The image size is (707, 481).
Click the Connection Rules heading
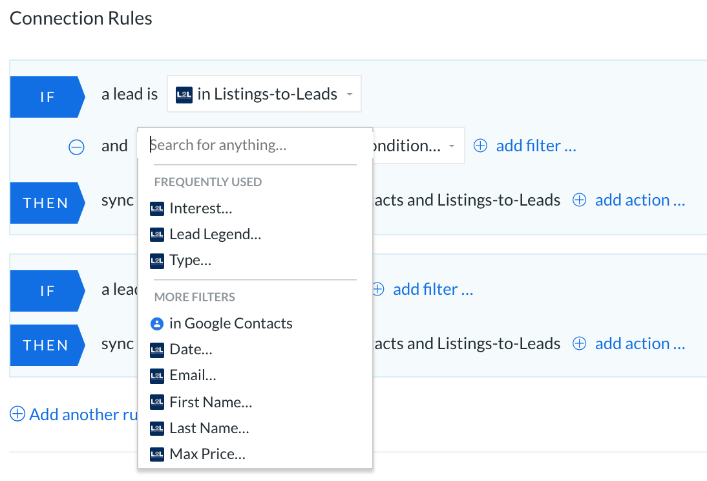[81, 19]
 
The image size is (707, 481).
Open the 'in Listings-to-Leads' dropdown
[264, 94]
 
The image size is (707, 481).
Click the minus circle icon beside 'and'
[76, 147]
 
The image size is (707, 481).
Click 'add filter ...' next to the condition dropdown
[525, 145]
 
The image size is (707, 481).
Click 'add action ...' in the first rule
[629, 200]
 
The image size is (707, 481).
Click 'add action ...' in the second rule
[629, 343]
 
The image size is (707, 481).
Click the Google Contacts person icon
[156, 323]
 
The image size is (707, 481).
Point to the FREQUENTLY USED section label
[208, 182]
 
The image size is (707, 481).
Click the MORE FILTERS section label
[195, 297]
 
